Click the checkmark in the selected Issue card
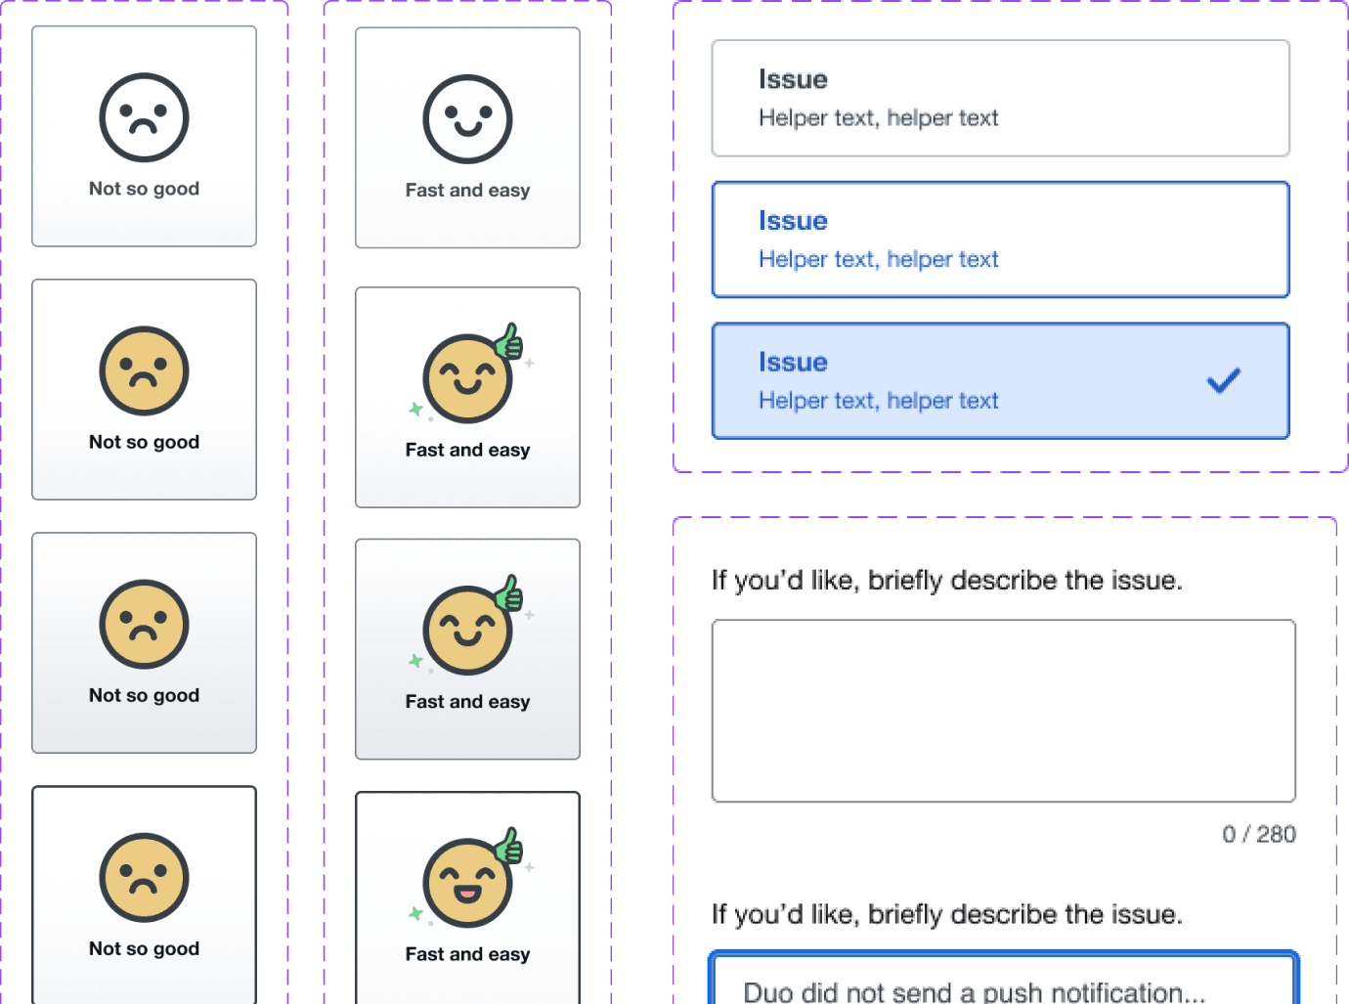(x=1223, y=380)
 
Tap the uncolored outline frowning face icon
(x=144, y=117)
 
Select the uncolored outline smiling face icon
(x=467, y=119)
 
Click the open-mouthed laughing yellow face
(x=466, y=883)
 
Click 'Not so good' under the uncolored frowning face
(x=144, y=189)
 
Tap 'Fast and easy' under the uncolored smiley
(x=467, y=191)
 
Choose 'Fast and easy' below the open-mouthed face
(x=467, y=954)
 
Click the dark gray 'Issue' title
(x=793, y=79)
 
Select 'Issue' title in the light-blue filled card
(x=793, y=362)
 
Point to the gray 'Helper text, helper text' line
(x=878, y=118)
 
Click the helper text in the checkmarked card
(x=878, y=401)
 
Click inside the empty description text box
(x=1003, y=711)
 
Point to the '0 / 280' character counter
(x=1258, y=834)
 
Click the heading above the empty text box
(x=946, y=581)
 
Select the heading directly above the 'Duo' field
(x=946, y=915)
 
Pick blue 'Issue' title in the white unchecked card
(x=793, y=221)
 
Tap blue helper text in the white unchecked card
(x=878, y=259)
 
